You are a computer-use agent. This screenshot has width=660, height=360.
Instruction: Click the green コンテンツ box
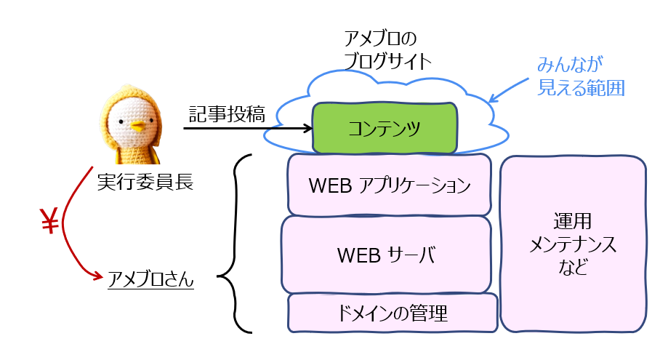pyautogui.click(x=385, y=129)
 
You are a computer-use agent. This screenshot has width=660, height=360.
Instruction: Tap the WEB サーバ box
pyautogui.click(x=386, y=255)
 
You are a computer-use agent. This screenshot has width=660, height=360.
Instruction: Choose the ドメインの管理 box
pyautogui.click(x=393, y=313)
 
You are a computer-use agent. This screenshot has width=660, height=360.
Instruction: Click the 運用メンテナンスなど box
pyautogui.click(x=574, y=244)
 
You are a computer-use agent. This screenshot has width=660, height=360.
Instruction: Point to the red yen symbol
pyautogui.click(x=49, y=225)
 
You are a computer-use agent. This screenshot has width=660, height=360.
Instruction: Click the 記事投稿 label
pyautogui.click(x=222, y=114)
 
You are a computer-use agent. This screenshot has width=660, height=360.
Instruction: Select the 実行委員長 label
pyautogui.click(x=145, y=181)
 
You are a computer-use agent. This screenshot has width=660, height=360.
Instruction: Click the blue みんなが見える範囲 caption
pyautogui.click(x=581, y=76)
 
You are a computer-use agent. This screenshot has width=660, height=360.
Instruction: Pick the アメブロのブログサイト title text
pyautogui.click(x=386, y=49)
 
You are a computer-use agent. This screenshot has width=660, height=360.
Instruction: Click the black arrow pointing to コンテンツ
pyautogui.click(x=247, y=129)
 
